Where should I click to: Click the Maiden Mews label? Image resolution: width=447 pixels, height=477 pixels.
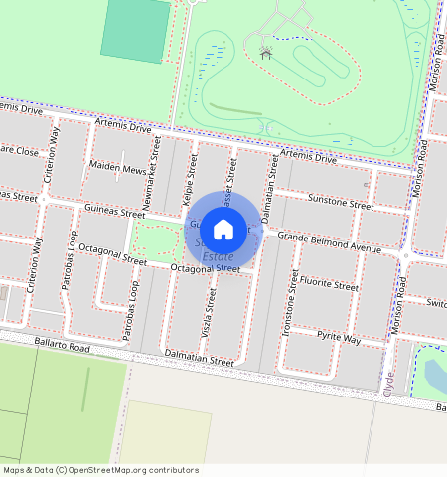pos(117,169)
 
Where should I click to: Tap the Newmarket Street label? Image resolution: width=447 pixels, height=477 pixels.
pos(156,163)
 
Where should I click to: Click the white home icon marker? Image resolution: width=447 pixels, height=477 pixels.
pos(223,230)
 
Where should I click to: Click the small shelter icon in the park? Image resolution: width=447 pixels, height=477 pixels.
pos(265,52)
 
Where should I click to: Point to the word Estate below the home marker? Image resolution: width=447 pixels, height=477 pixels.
pos(218,256)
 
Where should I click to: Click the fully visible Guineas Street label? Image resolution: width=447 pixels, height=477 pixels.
pos(114,212)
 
